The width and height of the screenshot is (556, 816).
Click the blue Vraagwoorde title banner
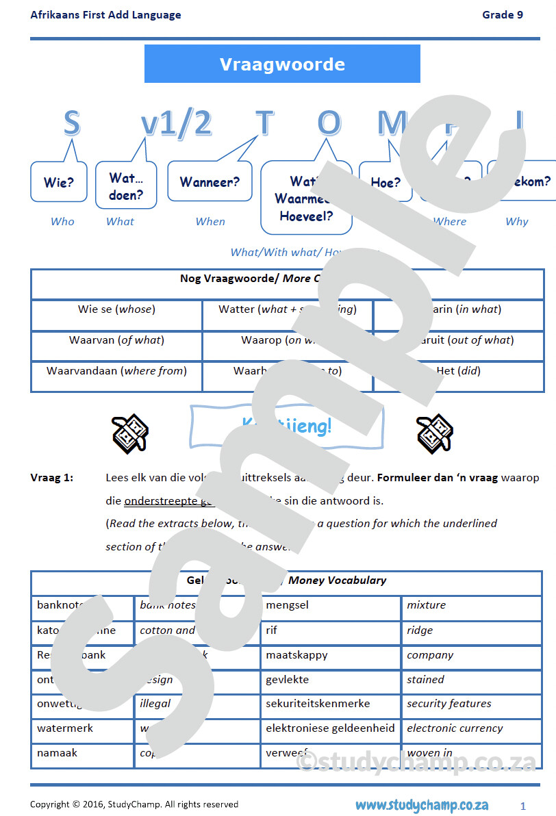point(282,64)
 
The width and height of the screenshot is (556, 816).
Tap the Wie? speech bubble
point(59,182)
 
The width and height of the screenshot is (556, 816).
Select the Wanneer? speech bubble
point(210,181)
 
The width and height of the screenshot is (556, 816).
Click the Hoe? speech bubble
point(385,182)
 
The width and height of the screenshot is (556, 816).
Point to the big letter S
point(71,123)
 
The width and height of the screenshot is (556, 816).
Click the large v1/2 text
point(176,123)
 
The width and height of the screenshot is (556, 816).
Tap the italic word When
point(210,221)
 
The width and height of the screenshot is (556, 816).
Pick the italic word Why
point(516,221)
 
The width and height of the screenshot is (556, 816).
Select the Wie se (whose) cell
point(116,309)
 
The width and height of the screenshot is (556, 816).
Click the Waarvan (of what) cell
point(116,340)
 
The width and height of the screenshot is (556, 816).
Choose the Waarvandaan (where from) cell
point(116,370)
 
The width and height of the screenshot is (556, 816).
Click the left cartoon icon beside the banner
point(130,432)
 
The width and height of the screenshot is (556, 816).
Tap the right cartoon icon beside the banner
point(435,432)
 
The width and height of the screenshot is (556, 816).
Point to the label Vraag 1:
point(52,477)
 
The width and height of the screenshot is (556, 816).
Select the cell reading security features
point(448,704)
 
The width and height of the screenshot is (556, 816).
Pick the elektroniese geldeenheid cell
point(330,728)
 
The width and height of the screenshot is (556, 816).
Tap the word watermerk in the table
point(65,728)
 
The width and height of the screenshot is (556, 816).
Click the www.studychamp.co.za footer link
point(421,804)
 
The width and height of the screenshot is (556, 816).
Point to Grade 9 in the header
point(503,14)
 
